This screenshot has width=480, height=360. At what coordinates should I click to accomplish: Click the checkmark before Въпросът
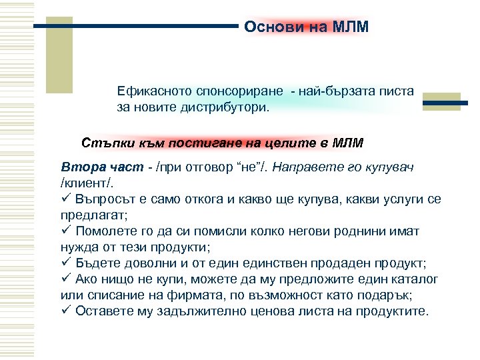click(65, 198)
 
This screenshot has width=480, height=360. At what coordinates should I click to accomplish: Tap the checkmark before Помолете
click(65, 231)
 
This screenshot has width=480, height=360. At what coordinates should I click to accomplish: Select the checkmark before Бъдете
click(65, 263)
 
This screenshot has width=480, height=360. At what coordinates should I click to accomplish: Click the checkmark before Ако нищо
click(65, 279)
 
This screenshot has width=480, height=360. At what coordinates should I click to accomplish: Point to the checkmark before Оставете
click(65, 311)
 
